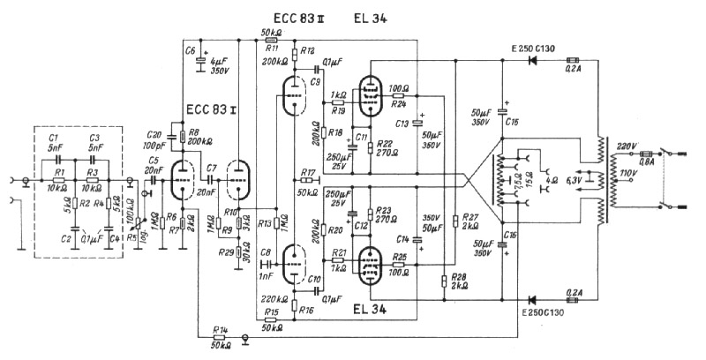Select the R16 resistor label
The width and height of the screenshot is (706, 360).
click(x=307, y=311)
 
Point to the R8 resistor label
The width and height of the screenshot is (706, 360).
click(x=192, y=131)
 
